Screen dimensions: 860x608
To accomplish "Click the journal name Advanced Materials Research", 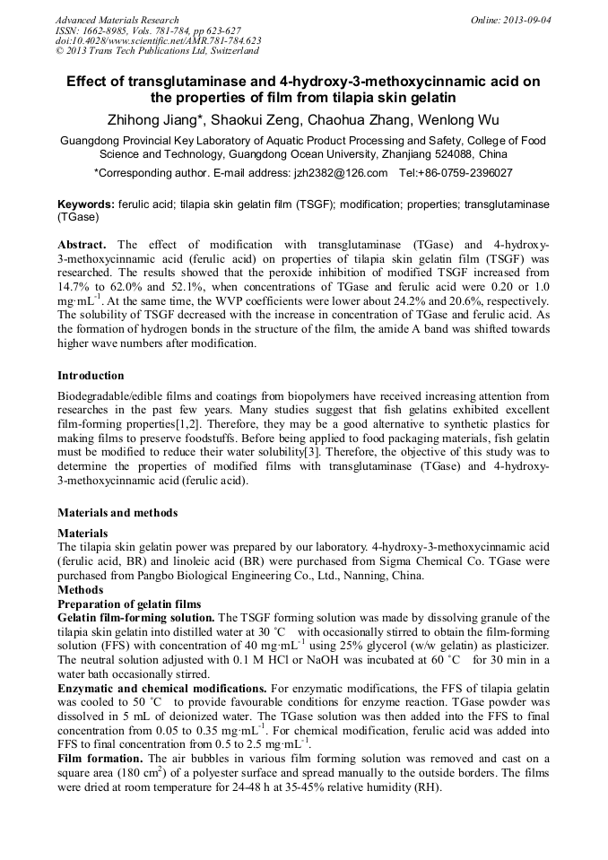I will point(117,20).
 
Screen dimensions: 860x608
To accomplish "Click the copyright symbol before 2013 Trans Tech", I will point(59,51).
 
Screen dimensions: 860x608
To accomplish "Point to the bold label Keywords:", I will point(85,204).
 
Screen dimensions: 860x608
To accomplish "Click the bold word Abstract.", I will point(82,244).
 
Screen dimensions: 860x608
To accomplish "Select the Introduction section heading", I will point(91,376).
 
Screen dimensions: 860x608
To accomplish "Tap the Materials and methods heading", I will point(117,513).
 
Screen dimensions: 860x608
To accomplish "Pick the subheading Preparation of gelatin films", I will point(129,604).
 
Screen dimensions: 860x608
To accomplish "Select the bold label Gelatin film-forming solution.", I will point(135,618).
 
